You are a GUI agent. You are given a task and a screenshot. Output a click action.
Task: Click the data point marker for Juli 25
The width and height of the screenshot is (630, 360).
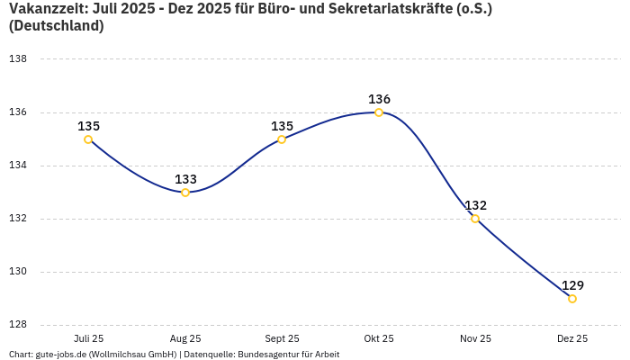point(88,139)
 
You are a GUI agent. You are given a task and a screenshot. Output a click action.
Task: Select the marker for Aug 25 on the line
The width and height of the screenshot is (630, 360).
point(185,193)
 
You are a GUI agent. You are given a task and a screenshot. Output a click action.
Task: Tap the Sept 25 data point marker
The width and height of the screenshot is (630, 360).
point(282,139)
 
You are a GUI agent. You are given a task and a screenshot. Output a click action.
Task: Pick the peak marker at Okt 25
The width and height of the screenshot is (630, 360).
point(379,112)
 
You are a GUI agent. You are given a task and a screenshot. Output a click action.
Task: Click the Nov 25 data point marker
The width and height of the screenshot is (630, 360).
point(475,219)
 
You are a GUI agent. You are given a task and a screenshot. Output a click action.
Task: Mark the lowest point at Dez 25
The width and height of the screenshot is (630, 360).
point(572,299)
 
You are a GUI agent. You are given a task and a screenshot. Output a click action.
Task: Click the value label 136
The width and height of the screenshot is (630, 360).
point(379,99)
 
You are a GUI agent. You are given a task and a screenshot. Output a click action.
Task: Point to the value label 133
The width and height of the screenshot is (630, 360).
point(185,179)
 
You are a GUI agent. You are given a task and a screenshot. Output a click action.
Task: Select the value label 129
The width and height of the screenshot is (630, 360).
point(572,285)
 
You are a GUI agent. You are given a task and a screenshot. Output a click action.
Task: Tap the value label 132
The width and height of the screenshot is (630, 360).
point(475,205)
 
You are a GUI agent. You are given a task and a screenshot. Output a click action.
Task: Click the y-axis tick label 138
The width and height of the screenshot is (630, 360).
point(18,59)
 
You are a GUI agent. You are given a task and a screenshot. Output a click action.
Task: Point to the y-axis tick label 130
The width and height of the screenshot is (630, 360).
point(18,272)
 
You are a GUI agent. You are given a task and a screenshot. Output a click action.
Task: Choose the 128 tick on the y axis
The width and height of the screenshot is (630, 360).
point(18,325)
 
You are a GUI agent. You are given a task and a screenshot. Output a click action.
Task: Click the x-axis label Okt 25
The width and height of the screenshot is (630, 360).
point(379,338)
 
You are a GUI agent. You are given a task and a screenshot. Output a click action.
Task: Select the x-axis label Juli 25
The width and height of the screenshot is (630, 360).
point(88,338)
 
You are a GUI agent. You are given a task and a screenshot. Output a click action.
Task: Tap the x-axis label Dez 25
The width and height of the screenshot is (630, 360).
point(572,338)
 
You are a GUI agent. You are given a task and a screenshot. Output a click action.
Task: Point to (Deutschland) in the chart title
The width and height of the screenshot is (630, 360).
point(56,26)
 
